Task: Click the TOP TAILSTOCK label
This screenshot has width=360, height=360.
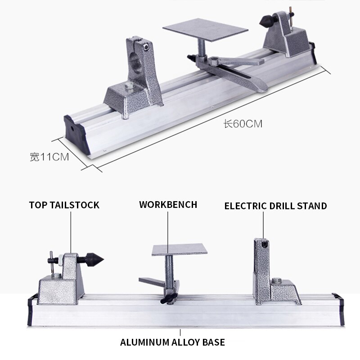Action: [x=64, y=205]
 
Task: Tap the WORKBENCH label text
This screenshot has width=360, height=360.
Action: [x=168, y=204]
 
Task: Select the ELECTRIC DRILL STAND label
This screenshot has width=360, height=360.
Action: [x=275, y=206]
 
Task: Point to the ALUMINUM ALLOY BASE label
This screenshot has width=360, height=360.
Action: [x=172, y=342]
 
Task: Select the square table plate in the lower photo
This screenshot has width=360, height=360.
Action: [x=179, y=250]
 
